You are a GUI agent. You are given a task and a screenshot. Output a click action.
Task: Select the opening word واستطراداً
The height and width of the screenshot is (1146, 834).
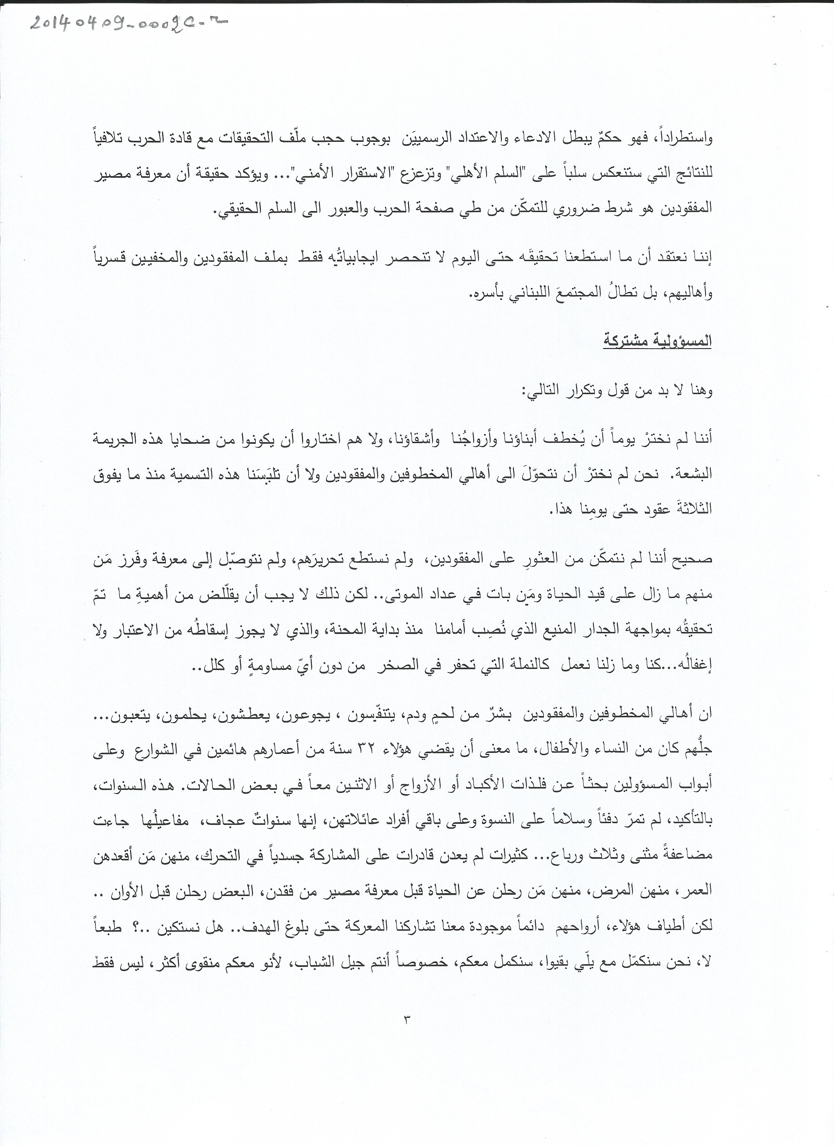pos(682,139)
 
